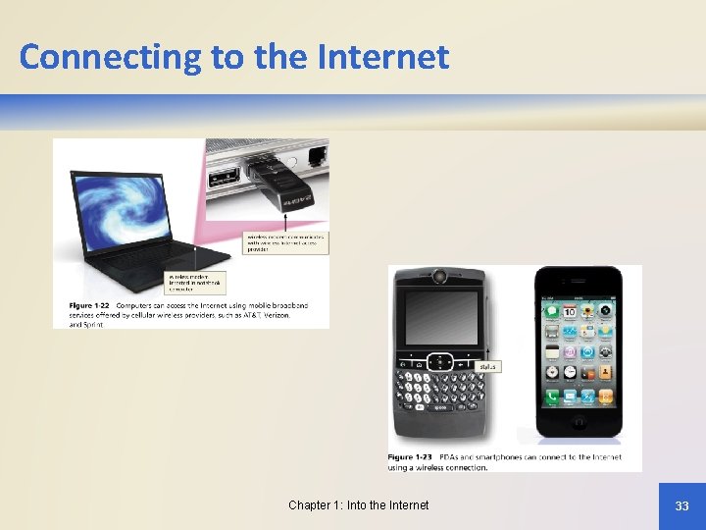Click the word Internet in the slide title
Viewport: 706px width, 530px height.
[383, 57]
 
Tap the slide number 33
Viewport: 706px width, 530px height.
[681, 505]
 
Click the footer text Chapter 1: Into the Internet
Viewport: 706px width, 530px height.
[358, 505]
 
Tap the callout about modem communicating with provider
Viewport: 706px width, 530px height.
[285, 241]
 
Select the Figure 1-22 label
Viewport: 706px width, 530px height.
[89, 306]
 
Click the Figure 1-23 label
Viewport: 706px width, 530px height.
[410, 457]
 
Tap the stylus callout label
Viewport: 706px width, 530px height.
[487, 367]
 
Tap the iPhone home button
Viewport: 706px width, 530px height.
[579, 424]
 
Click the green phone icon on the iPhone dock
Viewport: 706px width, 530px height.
[553, 397]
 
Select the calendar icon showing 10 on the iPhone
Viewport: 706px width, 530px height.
[553, 311]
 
